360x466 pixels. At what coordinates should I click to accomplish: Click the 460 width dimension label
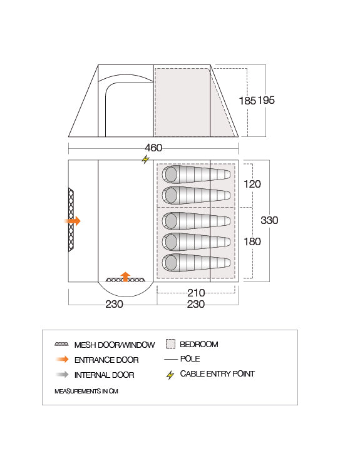pyautogui.click(x=153, y=148)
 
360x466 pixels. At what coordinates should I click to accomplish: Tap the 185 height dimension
pyautogui.click(x=247, y=101)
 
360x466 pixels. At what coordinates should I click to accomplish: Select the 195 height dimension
pyautogui.click(x=266, y=100)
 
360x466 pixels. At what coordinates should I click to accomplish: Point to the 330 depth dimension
pyautogui.click(x=269, y=220)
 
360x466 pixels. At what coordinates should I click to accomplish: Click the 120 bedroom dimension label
pyautogui.click(x=252, y=184)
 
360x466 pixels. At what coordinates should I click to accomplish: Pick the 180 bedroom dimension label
pyautogui.click(x=252, y=241)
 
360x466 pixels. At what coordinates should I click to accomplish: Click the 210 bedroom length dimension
pyautogui.click(x=196, y=293)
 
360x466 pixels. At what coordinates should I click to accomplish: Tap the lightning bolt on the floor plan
pyautogui.click(x=145, y=160)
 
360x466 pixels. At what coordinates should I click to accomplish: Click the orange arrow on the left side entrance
pyautogui.click(x=73, y=221)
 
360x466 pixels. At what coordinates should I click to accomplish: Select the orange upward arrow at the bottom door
pyautogui.click(x=126, y=276)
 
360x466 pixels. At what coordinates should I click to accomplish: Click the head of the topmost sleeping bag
pyautogui.click(x=170, y=175)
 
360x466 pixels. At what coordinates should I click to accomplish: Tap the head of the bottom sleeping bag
pyautogui.click(x=170, y=263)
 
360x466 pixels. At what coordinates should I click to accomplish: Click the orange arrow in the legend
pyautogui.click(x=62, y=359)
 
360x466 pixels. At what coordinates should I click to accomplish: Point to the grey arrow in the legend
pyautogui.click(x=62, y=375)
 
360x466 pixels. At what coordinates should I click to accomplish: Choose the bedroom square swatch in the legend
pyautogui.click(x=170, y=344)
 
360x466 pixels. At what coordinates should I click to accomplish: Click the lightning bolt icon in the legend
pyautogui.click(x=170, y=375)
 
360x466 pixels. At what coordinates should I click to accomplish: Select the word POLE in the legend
pyautogui.click(x=190, y=358)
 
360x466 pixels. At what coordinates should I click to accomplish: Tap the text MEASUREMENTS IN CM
pyautogui.click(x=86, y=391)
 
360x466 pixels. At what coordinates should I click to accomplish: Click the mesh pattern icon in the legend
pyautogui.click(x=61, y=345)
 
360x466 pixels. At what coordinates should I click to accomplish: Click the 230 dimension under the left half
pyautogui.click(x=114, y=304)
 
